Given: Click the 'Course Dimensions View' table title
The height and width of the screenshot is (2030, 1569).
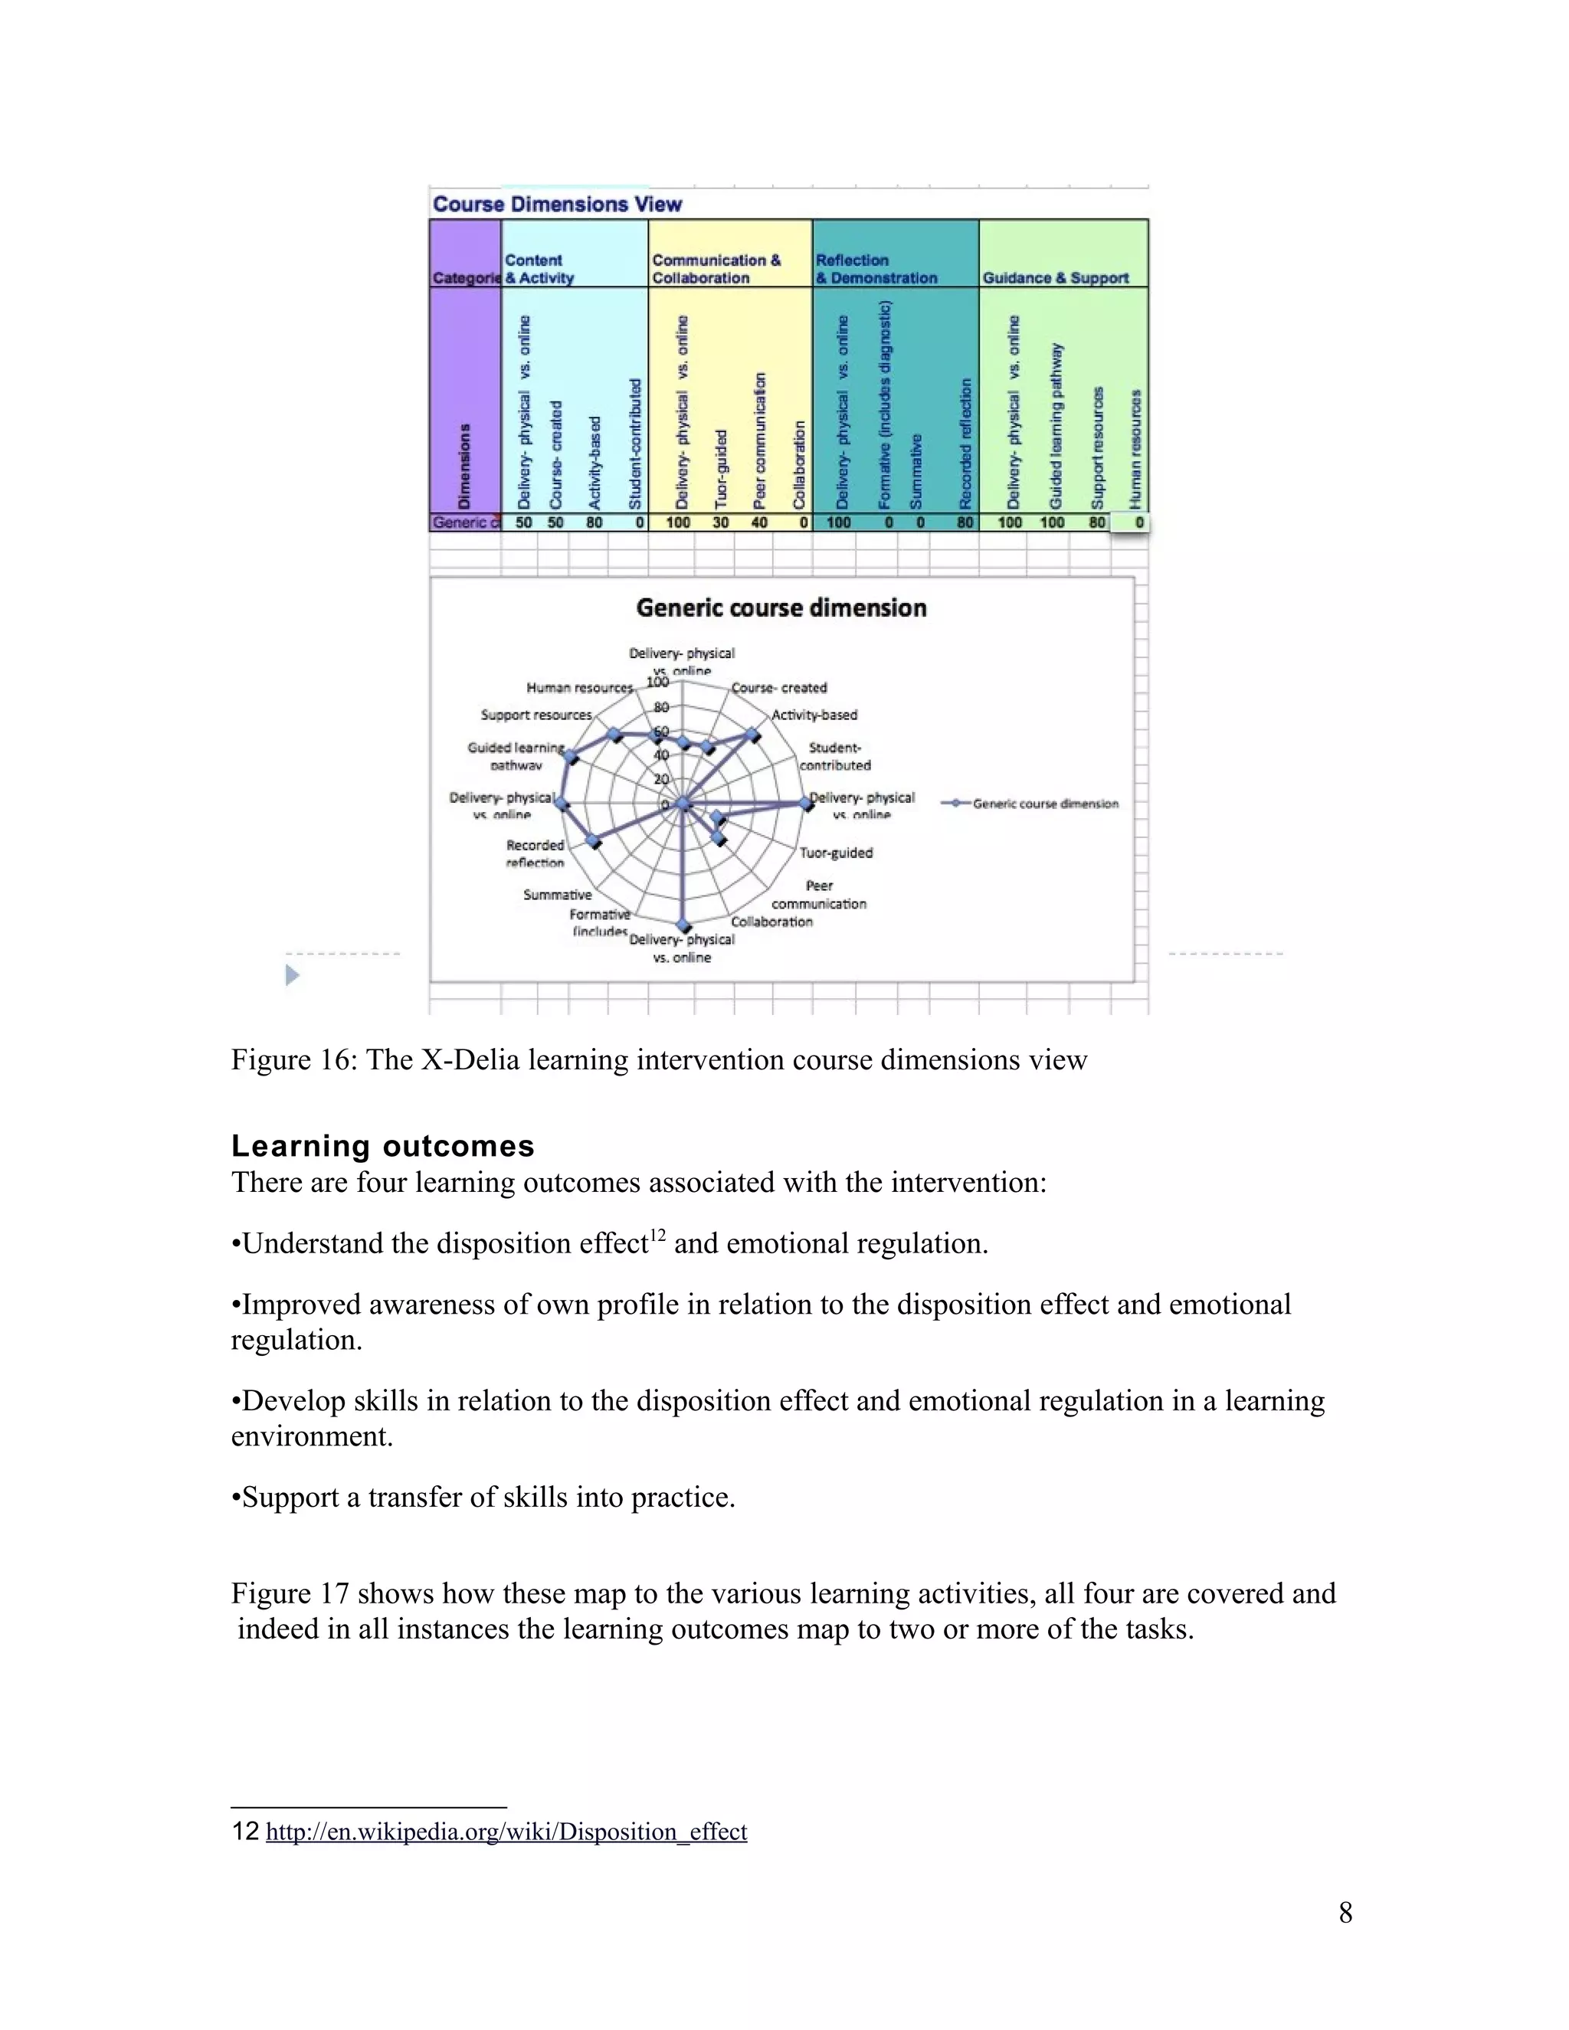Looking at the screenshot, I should click(x=557, y=205).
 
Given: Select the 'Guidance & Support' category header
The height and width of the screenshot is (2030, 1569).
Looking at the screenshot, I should click(x=1055, y=278).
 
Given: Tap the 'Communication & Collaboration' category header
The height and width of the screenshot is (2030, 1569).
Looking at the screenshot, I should click(x=716, y=269).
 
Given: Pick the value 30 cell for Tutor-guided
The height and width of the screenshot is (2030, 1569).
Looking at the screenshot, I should click(x=720, y=522).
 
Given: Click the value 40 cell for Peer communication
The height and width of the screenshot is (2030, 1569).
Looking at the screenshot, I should click(x=759, y=522).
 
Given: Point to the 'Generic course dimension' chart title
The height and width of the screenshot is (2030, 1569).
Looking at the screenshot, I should click(x=781, y=608).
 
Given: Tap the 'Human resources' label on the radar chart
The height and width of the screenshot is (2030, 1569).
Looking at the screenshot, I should click(x=579, y=688).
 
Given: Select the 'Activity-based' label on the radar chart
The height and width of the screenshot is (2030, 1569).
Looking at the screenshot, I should click(x=814, y=715).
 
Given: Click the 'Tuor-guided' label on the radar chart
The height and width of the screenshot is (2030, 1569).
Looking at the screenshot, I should click(x=836, y=853).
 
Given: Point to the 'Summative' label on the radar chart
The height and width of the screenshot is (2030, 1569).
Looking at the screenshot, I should click(x=557, y=894).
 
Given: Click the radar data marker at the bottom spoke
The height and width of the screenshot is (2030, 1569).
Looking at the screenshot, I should click(x=684, y=926).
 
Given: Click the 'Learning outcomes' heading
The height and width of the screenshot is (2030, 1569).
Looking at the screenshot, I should click(x=382, y=1145).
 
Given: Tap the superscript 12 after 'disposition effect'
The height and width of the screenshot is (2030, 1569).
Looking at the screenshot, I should click(x=657, y=1234).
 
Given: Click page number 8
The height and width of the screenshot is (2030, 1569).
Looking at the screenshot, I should click(x=1345, y=1912).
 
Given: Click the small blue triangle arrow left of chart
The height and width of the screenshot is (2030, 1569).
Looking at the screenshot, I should click(x=292, y=975).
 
